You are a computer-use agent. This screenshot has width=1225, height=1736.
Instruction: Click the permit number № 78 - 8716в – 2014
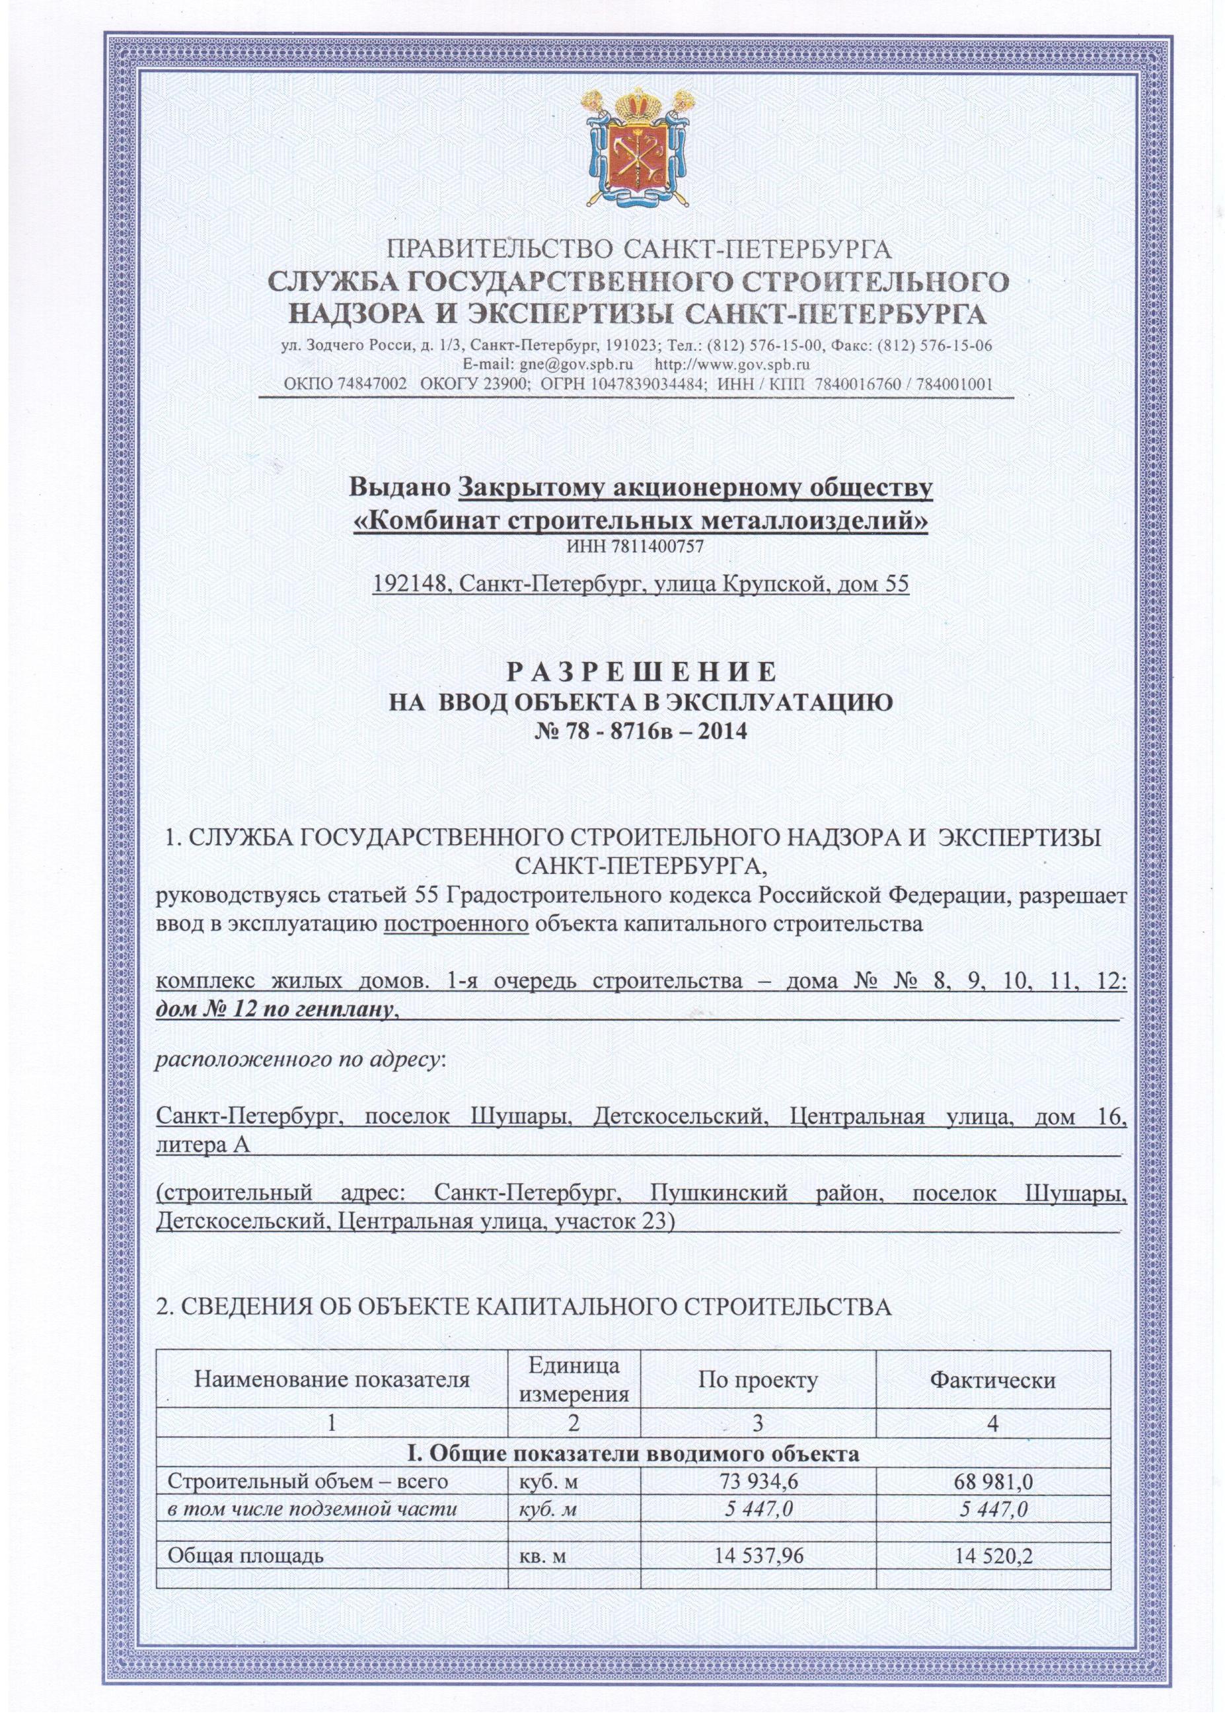640,731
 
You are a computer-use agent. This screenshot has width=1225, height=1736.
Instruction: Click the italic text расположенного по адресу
299,1061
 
